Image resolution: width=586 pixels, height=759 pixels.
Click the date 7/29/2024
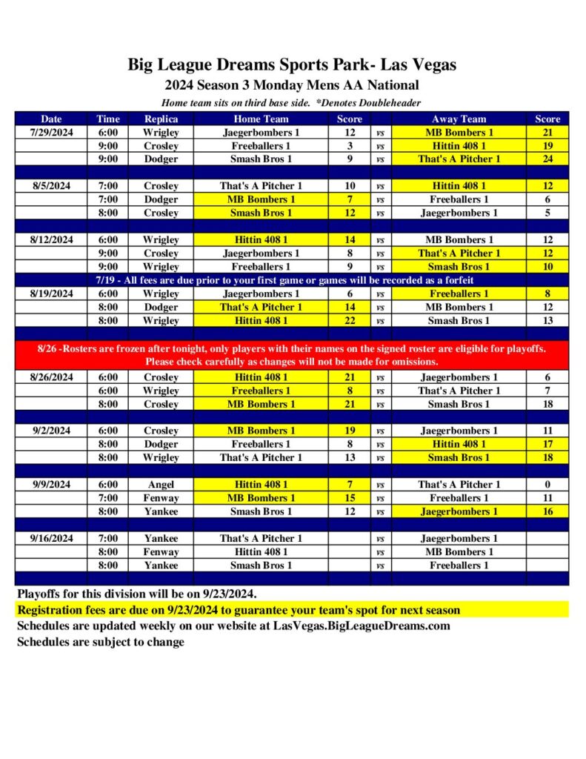click(51, 133)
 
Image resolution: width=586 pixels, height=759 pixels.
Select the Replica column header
click(161, 119)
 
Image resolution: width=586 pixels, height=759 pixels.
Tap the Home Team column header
click(261, 119)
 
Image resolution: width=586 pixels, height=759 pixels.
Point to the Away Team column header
click(459, 119)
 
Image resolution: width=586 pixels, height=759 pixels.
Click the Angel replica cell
click(161, 485)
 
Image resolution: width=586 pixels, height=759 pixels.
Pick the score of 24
click(547, 159)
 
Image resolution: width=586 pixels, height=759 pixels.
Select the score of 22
click(350, 321)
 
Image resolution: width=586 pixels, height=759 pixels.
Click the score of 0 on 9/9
click(547, 485)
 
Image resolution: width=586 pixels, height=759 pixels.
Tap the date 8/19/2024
click(51, 294)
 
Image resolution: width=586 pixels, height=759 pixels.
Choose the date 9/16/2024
click(51, 539)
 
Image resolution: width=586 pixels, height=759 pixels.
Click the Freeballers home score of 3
click(350, 146)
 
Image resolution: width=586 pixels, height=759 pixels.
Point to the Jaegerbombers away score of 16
click(547, 511)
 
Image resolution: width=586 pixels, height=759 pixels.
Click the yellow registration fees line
click(238, 611)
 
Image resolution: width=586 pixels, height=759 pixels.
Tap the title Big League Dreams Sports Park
click(292, 64)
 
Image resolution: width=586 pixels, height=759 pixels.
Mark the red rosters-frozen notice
click(292, 355)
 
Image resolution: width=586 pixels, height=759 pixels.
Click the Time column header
click(107, 119)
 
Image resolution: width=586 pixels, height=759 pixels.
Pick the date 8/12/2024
click(51, 240)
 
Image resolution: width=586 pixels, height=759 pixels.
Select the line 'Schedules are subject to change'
click(101, 642)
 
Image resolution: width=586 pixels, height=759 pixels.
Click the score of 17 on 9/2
click(547, 444)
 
